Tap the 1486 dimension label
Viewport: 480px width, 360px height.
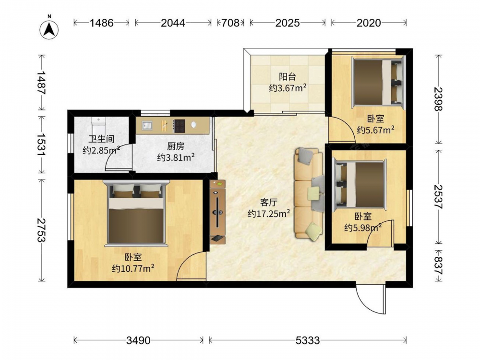pyautogui.click(x=101, y=23)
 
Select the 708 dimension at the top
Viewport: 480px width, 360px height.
pyautogui.click(x=230, y=23)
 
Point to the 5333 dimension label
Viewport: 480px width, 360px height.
pyautogui.click(x=308, y=340)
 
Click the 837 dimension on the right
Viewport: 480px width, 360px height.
pyautogui.click(x=439, y=265)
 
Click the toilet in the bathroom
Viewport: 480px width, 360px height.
pyautogui.click(x=98, y=125)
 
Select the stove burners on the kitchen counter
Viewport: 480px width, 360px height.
pyautogui.click(x=179, y=126)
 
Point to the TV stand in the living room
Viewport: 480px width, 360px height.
pyautogui.click(x=217, y=212)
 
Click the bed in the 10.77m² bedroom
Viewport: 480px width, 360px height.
pyautogui.click(x=136, y=213)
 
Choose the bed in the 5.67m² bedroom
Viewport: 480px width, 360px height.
pyautogui.click(x=378, y=82)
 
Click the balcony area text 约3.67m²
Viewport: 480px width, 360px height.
pyautogui.click(x=288, y=88)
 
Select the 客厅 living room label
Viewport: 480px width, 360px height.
pyautogui.click(x=268, y=203)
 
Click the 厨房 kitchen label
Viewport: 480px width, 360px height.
pyautogui.click(x=176, y=146)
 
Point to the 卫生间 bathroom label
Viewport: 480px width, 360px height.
pyautogui.click(x=101, y=139)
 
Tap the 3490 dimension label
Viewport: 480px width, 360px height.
pyautogui.click(x=138, y=340)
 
